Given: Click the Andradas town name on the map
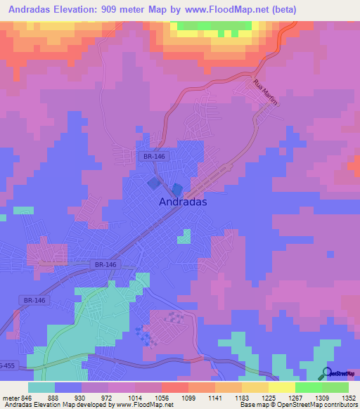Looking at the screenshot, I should coord(183,201).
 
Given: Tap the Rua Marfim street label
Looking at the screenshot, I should coord(266,93).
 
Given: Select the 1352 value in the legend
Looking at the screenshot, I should coord(349,397).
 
